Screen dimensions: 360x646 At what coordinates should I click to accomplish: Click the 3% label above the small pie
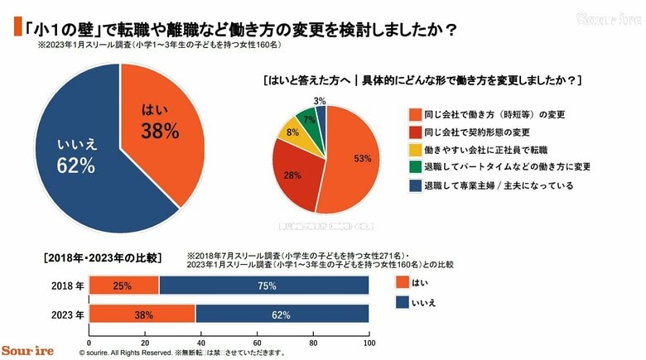(319, 100)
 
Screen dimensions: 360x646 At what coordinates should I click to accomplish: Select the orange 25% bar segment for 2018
(123, 286)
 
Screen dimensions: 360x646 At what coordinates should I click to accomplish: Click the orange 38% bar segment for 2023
(142, 314)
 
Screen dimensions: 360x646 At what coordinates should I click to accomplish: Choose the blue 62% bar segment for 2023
(282, 314)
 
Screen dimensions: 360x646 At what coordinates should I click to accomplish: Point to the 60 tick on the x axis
(257, 342)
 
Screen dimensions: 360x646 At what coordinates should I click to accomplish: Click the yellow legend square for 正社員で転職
(415, 150)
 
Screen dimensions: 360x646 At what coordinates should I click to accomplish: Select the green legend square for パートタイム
(415, 167)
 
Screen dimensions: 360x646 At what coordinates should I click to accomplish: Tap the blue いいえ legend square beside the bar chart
(403, 303)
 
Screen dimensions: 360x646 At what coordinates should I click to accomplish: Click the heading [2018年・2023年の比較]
(90, 257)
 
